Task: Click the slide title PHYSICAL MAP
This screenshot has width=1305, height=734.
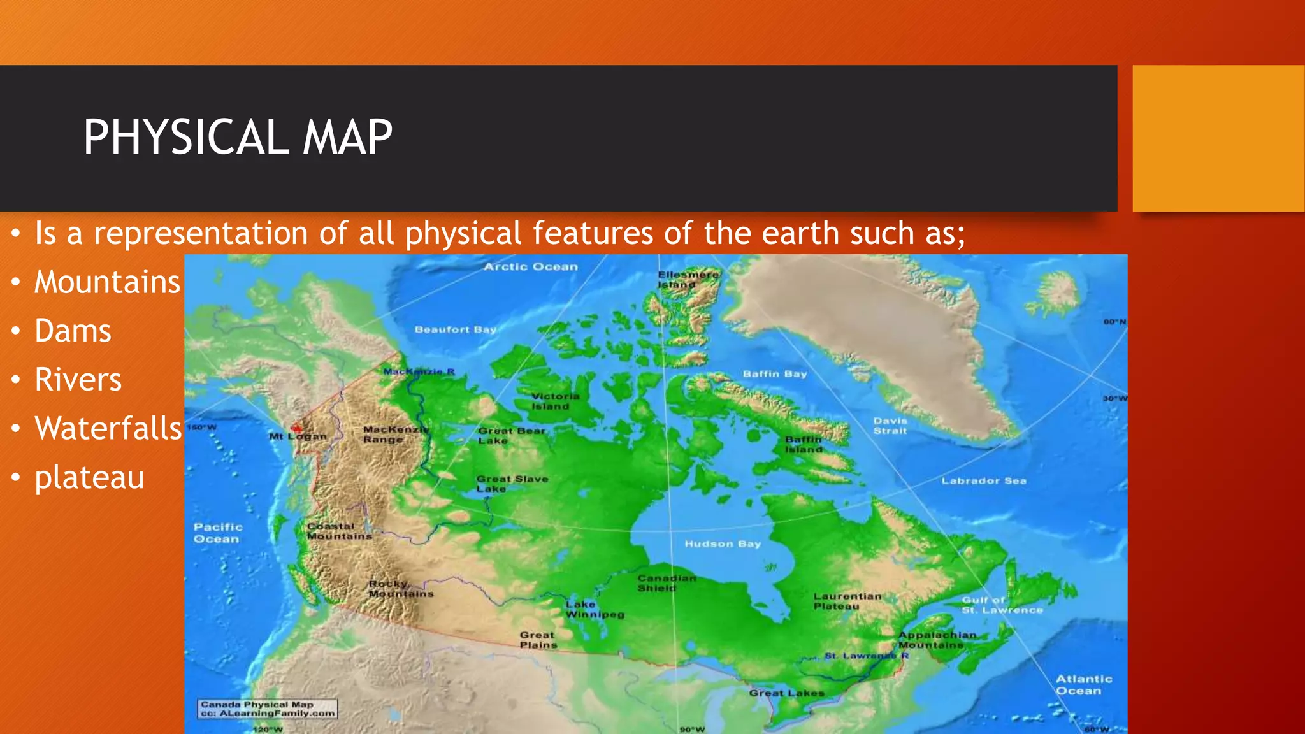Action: (x=238, y=137)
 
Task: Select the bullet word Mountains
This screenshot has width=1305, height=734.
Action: (x=107, y=282)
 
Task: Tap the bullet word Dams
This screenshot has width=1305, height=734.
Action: (x=73, y=331)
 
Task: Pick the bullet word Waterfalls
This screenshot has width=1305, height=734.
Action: (x=108, y=428)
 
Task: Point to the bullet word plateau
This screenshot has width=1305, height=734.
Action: (x=89, y=477)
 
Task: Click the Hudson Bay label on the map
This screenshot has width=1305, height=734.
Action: (x=723, y=543)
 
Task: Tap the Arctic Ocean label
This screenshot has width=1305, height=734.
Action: (x=530, y=267)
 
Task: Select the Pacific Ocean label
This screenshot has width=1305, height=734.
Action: (x=218, y=533)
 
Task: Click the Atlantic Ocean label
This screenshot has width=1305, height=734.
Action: (x=1083, y=685)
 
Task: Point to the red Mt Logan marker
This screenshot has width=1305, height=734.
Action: (x=296, y=428)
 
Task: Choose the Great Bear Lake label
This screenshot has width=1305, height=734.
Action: (x=512, y=435)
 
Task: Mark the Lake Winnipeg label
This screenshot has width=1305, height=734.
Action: (x=594, y=609)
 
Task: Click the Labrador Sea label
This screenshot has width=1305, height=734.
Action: (x=984, y=480)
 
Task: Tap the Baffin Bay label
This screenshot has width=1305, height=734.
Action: (x=774, y=374)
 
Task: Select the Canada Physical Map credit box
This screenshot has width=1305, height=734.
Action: (x=268, y=709)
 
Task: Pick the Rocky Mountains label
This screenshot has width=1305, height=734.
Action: (x=400, y=589)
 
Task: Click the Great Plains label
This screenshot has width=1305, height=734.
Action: (x=537, y=640)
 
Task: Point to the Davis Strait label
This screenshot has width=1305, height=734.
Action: (x=890, y=426)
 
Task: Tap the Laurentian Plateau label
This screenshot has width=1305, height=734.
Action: (x=847, y=601)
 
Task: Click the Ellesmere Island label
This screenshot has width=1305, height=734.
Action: (x=688, y=279)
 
